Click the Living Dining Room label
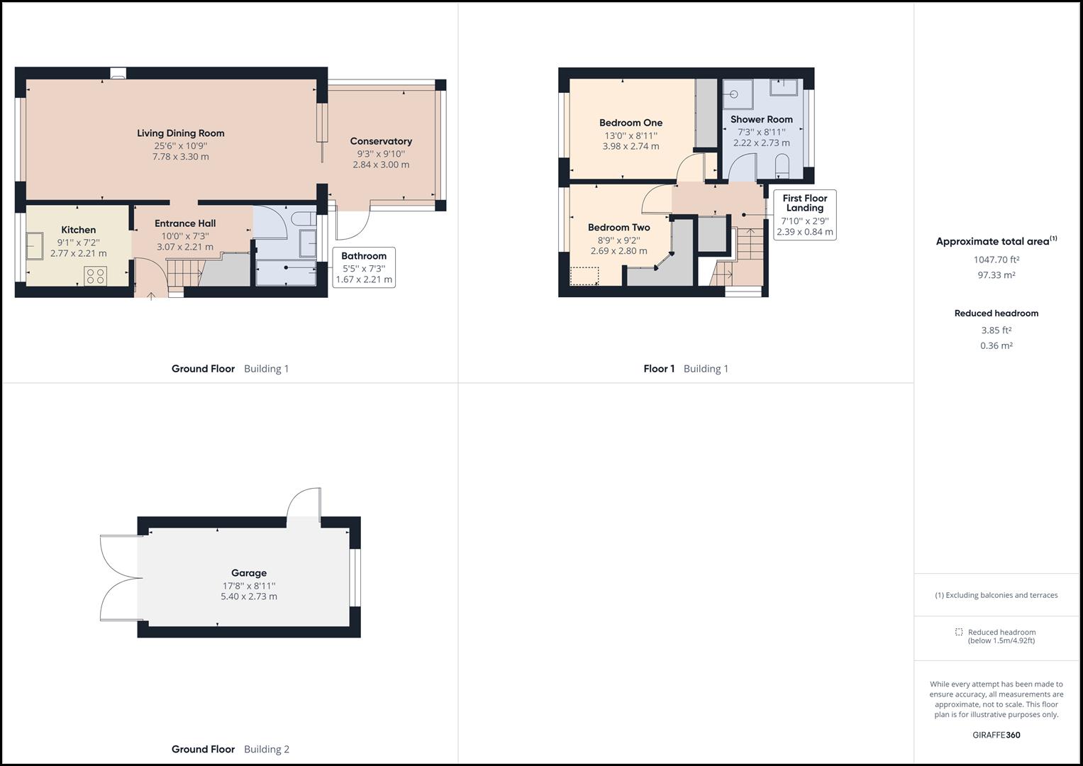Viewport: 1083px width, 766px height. point(180,133)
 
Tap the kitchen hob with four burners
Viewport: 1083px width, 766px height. point(96,276)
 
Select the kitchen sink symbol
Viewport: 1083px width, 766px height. point(34,246)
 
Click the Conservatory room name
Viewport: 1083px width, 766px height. point(381,141)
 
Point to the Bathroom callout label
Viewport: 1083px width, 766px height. point(364,256)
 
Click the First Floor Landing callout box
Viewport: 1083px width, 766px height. point(804,214)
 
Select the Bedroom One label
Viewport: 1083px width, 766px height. point(631,123)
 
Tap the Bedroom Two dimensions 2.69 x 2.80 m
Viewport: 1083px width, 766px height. point(618,250)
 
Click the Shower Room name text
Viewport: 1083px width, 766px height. point(761,119)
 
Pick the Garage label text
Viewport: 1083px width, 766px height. point(249,573)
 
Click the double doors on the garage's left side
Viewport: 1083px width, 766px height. point(118,578)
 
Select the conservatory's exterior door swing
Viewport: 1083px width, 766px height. point(352,226)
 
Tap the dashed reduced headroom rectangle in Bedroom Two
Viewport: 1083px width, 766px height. point(584,276)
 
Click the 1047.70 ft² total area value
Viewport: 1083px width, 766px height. point(996,260)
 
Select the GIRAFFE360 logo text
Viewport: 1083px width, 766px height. point(996,735)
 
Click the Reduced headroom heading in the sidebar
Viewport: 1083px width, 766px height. point(996,313)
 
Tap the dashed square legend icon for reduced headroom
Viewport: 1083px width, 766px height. point(959,632)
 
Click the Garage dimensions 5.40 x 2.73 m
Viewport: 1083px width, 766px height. point(249,596)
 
